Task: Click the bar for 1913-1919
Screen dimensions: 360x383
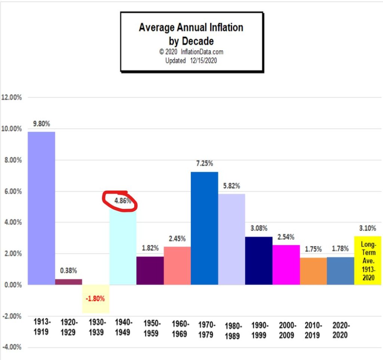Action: [x=41, y=208]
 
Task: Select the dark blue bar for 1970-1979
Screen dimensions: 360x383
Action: [x=204, y=228]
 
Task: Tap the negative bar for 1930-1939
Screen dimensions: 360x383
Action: [x=95, y=299]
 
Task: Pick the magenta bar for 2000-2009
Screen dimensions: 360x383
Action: [x=286, y=265]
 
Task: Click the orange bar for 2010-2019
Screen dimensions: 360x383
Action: [x=313, y=271]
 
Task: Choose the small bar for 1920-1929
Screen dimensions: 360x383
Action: [x=68, y=282]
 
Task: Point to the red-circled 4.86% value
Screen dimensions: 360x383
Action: [x=122, y=200]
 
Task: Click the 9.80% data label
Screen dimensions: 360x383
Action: [x=41, y=124]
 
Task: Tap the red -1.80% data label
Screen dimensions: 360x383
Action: [x=95, y=299]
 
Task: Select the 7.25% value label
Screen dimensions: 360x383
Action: [x=204, y=164]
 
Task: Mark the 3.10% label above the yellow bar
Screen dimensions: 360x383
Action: [x=368, y=228]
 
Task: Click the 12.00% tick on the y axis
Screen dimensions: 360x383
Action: [x=12, y=98]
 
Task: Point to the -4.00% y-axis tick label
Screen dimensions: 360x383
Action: [x=12, y=347]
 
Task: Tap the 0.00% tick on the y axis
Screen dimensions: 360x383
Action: [x=12, y=285]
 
